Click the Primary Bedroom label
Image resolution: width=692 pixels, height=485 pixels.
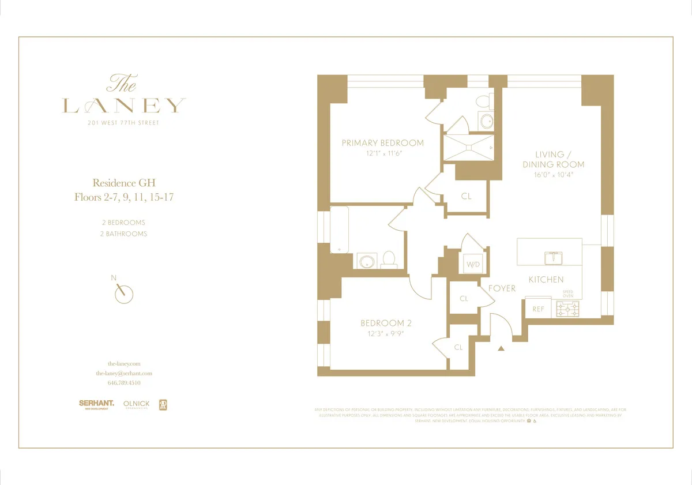click(382, 143)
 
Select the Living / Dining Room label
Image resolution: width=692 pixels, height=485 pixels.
click(553, 159)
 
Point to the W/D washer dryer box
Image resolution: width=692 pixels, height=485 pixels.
click(472, 265)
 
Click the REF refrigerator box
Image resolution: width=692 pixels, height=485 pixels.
click(538, 309)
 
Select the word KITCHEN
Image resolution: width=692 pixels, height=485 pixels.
click(546, 280)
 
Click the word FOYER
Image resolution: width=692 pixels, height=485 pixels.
click(502, 288)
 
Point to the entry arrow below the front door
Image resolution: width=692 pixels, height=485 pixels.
click(501, 348)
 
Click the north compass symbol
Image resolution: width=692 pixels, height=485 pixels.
click(123, 293)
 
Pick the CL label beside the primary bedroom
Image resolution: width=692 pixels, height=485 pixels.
click(466, 197)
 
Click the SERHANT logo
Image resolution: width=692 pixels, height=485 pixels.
click(96, 404)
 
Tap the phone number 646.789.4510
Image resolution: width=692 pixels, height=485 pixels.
click(124, 383)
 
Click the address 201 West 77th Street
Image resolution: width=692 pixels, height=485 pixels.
click(124, 123)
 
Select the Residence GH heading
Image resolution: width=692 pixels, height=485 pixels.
click(124, 183)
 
